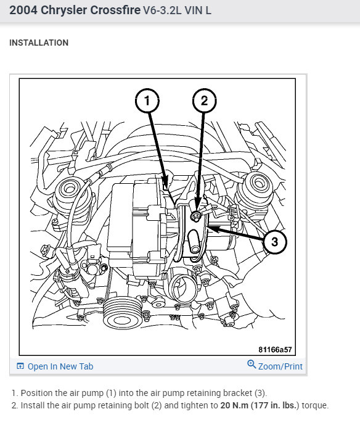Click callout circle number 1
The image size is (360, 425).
[x=147, y=100]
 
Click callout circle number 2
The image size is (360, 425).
[x=204, y=100]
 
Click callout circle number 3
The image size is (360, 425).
[x=274, y=242]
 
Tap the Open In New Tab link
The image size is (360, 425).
[x=60, y=366]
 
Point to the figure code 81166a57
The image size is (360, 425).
[x=275, y=349]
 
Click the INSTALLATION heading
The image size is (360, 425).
[x=39, y=43]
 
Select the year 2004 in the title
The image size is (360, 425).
[x=23, y=10]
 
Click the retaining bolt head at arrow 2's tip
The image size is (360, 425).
[x=195, y=215]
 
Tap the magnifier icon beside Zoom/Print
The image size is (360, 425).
[x=252, y=365]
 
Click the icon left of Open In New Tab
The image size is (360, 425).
[x=20, y=366]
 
